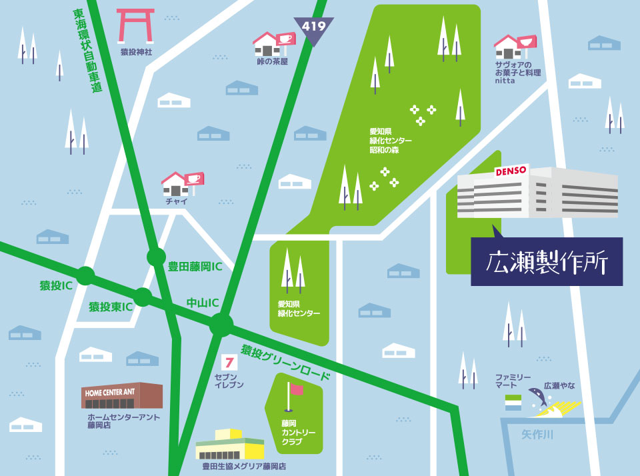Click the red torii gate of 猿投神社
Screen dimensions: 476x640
[136, 26]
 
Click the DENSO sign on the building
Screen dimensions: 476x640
[511, 171]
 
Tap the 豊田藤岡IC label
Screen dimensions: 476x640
[195, 267]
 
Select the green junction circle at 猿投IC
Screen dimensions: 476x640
[85, 275]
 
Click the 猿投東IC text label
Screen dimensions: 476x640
[111, 307]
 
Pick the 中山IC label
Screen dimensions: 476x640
[203, 303]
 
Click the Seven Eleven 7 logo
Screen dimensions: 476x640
[229, 363]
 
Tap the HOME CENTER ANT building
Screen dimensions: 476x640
[122, 396]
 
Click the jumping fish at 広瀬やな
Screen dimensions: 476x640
[537, 397]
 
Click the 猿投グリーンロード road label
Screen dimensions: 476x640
[285, 363]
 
